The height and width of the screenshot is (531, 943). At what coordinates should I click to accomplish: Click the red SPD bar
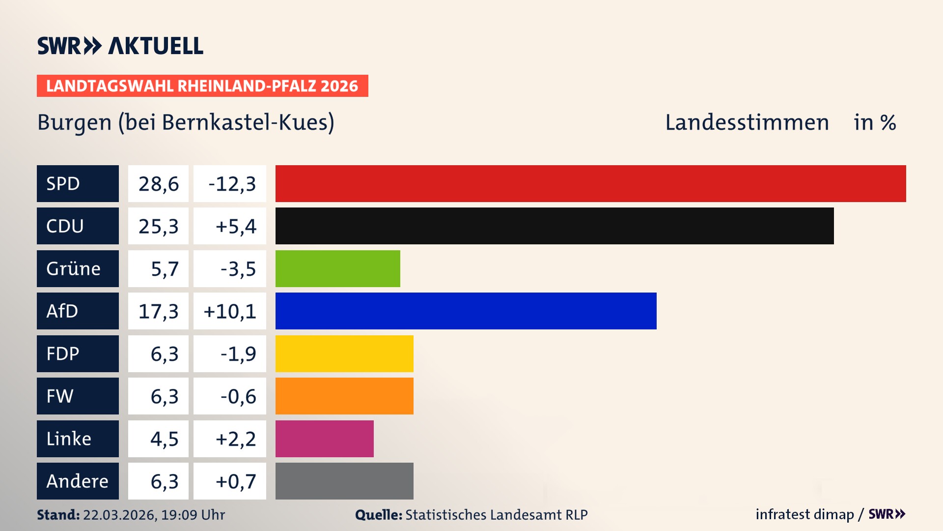coord(590,183)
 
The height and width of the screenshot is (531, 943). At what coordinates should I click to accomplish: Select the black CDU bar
coord(555,226)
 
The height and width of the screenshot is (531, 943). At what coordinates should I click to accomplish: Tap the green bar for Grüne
coord(337,268)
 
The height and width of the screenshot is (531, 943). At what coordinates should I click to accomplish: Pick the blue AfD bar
coord(466,311)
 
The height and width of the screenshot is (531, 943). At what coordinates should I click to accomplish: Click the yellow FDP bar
coord(344,354)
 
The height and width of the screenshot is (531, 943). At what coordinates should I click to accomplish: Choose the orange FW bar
coord(344,396)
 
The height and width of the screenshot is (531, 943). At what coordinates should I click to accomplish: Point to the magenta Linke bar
coord(324,439)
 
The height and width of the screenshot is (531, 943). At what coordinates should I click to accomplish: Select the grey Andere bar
coord(344,481)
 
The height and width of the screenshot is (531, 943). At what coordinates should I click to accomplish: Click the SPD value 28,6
coord(158,184)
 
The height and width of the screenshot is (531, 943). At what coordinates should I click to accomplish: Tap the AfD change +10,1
coord(230,311)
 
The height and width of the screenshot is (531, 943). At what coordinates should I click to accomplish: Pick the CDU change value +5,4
coord(236,226)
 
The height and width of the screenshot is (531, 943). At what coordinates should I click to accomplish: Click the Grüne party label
coord(74,268)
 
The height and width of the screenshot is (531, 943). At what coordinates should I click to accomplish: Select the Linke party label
coord(69,439)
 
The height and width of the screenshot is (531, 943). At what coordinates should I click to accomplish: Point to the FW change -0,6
coord(238,396)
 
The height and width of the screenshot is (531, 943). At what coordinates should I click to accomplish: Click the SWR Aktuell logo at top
coord(120,46)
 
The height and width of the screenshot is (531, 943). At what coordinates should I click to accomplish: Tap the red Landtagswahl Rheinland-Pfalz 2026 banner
coord(202,86)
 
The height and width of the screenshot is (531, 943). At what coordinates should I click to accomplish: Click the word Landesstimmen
coord(747,122)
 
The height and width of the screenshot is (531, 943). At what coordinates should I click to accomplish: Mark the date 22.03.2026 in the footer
coord(119,515)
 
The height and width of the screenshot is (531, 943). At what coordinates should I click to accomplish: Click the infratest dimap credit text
coord(804,514)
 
